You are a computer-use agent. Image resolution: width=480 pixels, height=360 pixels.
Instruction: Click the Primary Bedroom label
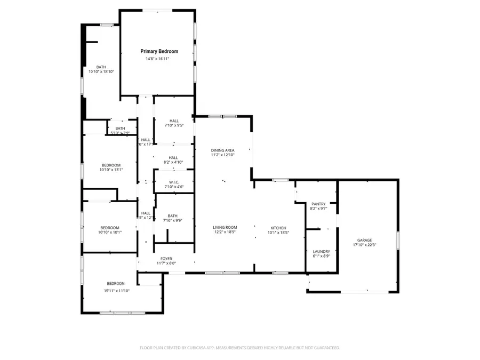[x=159, y=51]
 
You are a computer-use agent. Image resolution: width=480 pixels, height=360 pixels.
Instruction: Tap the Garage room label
[x=365, y=241]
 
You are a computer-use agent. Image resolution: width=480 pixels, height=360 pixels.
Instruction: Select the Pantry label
[x=318, y=204]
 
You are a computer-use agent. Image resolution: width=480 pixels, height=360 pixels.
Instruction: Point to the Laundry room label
[x=321, y=251]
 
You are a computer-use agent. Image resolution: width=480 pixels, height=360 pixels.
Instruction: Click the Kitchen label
[x=278, y=228]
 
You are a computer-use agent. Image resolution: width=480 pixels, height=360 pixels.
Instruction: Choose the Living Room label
[x=225, y=228]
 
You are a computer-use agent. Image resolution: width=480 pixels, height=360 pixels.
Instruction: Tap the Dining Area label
[x=222, y=150]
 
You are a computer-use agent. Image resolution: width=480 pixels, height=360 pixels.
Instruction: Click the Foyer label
[x=166, y=259]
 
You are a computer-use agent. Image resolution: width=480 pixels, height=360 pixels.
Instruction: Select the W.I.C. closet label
[x=173, y=182]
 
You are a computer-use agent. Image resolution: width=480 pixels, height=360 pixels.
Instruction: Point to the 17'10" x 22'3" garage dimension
[x=365, y=245]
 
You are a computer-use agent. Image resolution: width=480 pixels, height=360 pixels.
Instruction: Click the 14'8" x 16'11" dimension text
[x=157, y=59]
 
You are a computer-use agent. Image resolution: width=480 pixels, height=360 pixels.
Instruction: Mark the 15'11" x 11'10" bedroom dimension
[x=116, y=291]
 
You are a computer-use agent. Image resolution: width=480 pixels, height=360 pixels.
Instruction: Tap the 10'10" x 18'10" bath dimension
[x=101, y=71]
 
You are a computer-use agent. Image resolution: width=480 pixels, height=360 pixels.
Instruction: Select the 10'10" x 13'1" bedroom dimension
[x=111, y=170]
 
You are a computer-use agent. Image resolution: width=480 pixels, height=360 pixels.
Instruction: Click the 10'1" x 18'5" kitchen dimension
[x=278, y=233]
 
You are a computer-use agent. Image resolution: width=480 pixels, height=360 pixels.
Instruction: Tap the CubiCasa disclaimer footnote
[x=239, y=348]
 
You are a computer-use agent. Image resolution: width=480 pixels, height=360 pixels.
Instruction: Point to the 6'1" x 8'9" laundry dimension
[x=321, y=256]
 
